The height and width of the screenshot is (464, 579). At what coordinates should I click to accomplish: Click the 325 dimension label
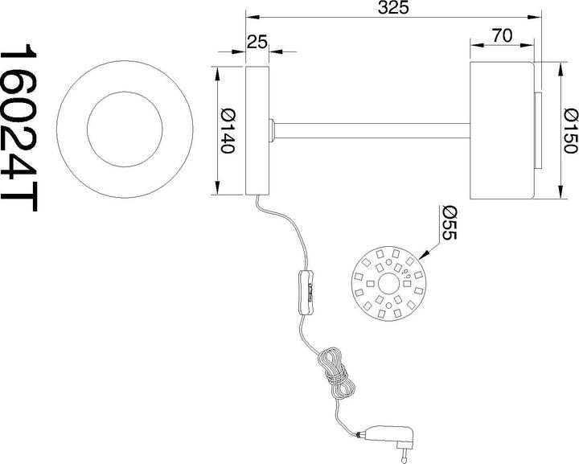pos(393,7)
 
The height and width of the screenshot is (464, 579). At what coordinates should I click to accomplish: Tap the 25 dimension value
pos(257,42)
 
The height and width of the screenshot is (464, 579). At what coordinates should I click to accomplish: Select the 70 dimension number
pos(502,36)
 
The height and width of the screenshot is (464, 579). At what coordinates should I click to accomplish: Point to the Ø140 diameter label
pos(227,131)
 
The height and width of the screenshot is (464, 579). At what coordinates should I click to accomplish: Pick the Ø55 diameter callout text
pos(450,222)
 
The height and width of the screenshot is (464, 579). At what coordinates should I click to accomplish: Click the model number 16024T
pos(18,128)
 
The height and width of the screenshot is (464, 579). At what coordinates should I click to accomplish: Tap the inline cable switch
pos(308,293)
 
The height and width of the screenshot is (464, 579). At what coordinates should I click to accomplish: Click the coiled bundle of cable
pos(335,373)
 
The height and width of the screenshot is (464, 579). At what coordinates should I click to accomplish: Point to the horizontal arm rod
pos(372,130)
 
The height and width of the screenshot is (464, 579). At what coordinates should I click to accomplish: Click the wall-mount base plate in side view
pos(257,130)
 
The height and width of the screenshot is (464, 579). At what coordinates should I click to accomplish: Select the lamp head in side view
pos(502,130)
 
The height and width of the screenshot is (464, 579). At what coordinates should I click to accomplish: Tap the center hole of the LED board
pos(388,284)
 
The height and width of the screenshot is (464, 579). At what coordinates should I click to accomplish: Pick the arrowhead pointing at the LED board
pos(425,254)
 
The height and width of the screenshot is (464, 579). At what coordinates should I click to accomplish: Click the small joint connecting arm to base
pos(272,130)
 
